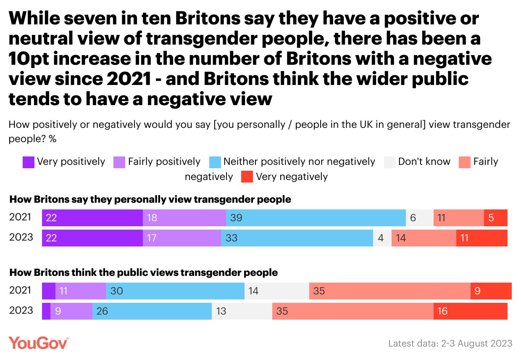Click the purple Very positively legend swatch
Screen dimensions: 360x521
pos(29,162)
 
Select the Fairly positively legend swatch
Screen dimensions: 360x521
pos(119,162)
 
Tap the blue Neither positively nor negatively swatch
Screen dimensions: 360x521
pos(215,162)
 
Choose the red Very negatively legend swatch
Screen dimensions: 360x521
pos(247,177)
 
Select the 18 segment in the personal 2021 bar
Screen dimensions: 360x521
pos(184,218)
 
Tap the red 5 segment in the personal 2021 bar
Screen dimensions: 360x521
pos(496,218)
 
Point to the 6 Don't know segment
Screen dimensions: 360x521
pos(419,218)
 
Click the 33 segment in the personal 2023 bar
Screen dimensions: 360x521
pos(297,238)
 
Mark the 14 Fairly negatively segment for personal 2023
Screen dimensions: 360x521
pos(424,238)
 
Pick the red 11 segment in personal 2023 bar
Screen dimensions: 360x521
pos(482,238)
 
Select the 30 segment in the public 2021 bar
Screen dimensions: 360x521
pos(175,291)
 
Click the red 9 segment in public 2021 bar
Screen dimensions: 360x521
pos(491,291)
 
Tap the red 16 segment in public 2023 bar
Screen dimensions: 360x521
pos(471,311)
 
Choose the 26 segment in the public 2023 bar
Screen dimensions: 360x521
pos(152,311)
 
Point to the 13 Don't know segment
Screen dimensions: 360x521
pos(242,311)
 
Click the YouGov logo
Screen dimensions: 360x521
pos(39,343)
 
